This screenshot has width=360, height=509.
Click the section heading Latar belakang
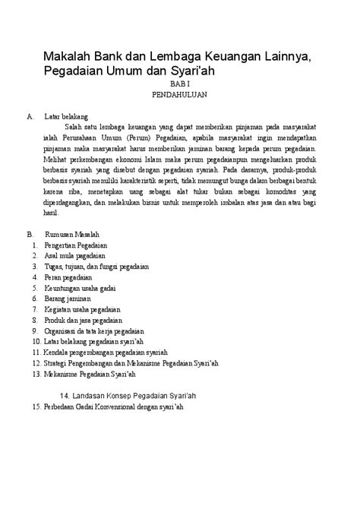(67, 117)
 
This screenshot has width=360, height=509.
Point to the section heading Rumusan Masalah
(73, 236)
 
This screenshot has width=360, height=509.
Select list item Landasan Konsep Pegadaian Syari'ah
(128, 395)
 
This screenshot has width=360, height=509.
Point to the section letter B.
(29, 236)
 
